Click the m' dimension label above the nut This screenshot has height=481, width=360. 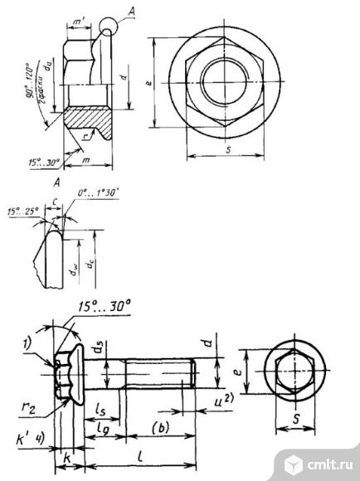[x=80, y=19]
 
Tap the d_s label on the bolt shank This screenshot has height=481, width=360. [x=98, y=348]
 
